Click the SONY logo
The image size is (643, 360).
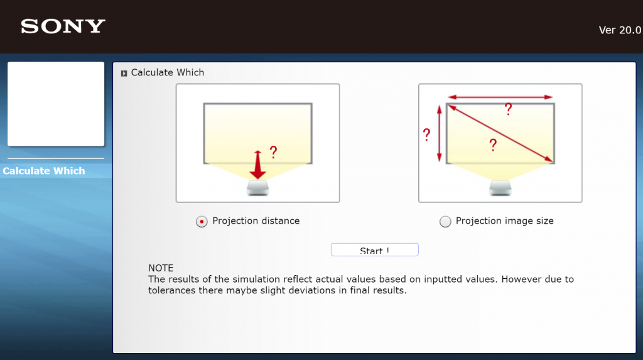[63, 26]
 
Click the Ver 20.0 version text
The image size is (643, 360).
[620, 30]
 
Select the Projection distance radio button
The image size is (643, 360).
[202, 222]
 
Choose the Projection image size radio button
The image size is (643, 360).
[445, 222]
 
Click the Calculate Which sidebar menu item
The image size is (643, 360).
[44, 171]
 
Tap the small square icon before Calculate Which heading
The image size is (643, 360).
[124, 74]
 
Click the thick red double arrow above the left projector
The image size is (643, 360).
[257, 165]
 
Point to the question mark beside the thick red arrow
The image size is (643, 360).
[274, 152]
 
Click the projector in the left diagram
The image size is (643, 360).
[257, 188]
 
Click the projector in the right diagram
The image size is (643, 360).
[500, 188]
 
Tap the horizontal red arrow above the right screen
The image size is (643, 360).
[500, 97]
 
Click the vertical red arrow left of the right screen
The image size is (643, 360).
[439, 133]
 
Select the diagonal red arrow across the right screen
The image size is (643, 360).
[500, 133]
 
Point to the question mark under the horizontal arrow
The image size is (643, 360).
[509, 109]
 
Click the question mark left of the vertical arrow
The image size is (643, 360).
[427, 134]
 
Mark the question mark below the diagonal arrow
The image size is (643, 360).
[494, 145]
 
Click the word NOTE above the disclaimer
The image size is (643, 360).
[161, 268]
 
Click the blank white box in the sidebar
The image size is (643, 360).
[56, 104]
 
